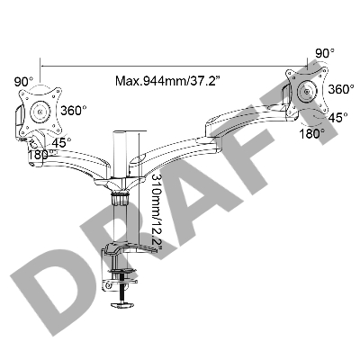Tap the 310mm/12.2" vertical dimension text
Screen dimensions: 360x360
(x=156, y=212)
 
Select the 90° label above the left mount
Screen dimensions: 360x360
(x=23, y=81)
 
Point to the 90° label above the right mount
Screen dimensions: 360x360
(x=325, y=53)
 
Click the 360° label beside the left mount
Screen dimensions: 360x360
(x=74, y=111)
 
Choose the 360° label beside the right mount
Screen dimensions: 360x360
(x=340, y=89)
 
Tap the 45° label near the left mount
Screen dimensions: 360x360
(x=61, y=143)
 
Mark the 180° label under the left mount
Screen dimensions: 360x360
(x=40, y=155)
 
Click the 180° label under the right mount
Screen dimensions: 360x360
(x=312, y=133)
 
